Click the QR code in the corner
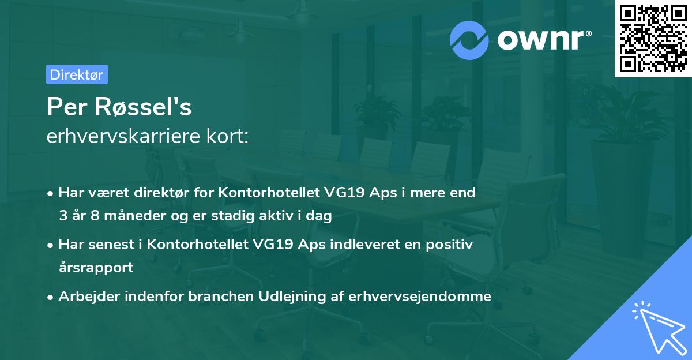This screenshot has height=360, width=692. click(653, 39)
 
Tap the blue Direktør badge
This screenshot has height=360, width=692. click(77, 74)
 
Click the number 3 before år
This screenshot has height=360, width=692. click(63, 216)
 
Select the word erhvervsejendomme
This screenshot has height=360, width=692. click(429, 297)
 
